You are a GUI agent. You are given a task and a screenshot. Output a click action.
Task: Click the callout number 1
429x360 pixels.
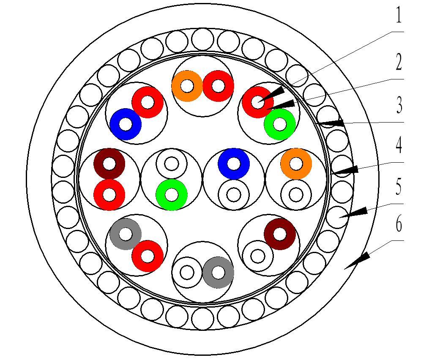[x=398, y=16]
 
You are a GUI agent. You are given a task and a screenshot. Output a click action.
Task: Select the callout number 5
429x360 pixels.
[x=398, y=187]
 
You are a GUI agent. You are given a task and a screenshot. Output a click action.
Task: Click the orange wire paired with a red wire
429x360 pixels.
[x=187, y=86]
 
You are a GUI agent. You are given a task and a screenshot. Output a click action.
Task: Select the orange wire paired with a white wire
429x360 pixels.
[x=296, y=164]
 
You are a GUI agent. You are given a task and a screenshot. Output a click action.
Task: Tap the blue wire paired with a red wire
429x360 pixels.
[x=126, y=124]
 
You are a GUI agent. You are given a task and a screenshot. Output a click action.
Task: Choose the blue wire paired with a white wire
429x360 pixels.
[x=234, y=164]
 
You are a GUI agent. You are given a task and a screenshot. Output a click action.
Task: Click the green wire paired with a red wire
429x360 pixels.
[x=279, y=124]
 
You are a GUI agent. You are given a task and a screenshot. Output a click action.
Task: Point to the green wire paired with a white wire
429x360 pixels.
[x=171, y=195]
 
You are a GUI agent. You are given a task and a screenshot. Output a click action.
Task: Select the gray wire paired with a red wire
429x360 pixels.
[x=126, y=234]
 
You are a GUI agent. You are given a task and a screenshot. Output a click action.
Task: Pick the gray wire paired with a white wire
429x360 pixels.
[x=218, y=273]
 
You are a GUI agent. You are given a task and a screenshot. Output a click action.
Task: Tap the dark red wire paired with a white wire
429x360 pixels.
[x=280, y=234]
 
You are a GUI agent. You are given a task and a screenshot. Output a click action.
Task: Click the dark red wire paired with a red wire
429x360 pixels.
[x=109, y=164]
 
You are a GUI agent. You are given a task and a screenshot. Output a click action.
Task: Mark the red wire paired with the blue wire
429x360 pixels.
[x=148, y=102]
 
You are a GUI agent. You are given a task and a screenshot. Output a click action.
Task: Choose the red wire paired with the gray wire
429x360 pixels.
[x=148, y=256]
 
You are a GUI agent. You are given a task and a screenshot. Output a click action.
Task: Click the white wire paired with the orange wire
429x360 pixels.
[x=296, y=195]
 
